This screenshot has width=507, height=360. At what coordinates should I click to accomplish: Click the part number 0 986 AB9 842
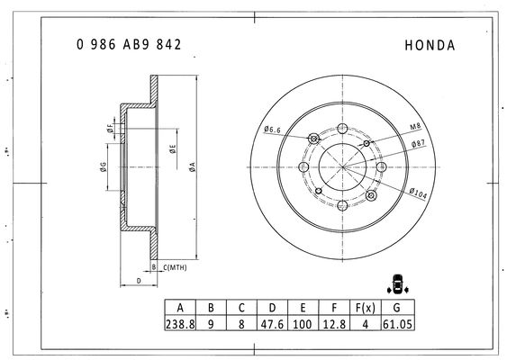point(129,45)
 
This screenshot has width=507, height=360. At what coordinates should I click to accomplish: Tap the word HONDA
point(430,45)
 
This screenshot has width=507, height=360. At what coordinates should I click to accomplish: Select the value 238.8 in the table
point(180,324)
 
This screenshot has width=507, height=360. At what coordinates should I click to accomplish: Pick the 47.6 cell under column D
point(272,324)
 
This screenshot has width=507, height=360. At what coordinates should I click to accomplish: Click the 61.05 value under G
point(397,324)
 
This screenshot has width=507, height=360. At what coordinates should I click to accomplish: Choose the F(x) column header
point(366,308)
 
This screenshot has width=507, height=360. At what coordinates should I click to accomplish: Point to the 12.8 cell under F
point(334,324)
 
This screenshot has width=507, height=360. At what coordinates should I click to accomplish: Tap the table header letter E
point(303,308)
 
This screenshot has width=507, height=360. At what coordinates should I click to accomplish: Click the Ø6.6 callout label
point(272,130)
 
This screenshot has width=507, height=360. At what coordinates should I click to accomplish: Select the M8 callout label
point(415,126)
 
